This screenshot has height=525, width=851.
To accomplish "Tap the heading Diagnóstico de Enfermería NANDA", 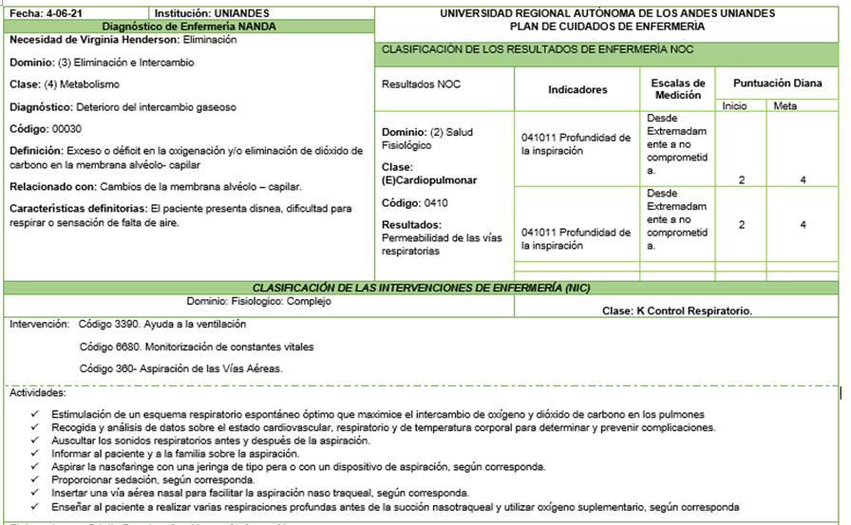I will (188, 27).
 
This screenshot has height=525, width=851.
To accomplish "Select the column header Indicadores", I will (577, 90).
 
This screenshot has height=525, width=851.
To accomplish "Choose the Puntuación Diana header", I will (777, 84).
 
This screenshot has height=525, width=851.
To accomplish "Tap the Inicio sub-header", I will (734, 105).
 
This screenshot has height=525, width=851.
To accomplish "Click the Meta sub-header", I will (785, 105).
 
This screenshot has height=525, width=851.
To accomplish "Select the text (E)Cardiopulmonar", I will (429, 179).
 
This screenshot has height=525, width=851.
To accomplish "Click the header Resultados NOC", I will (421, 84).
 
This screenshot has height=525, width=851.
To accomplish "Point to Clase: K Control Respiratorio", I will (677, 310).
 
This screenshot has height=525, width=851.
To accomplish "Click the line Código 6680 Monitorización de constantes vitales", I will (197, 347).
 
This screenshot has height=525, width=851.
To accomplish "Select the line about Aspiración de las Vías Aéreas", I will (181, 368).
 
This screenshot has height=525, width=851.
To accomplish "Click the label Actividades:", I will (37, 392).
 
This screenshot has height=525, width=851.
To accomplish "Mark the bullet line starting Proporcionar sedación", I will (139, 479).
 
